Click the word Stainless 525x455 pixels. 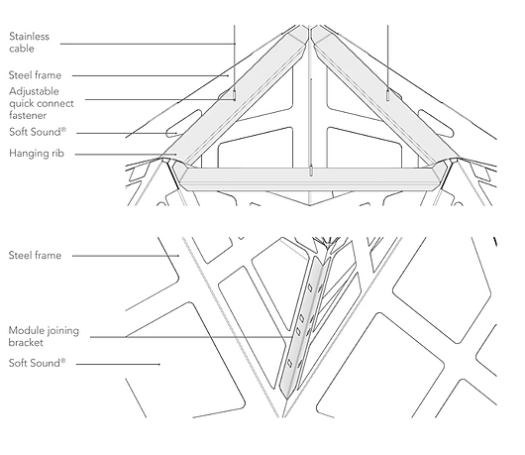[29, 37]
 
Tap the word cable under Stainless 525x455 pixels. [22, 49]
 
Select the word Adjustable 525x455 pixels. [34, 91]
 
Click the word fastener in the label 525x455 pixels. [28, 116]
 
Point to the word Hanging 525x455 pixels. [28, 154]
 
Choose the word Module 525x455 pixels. [25, 330]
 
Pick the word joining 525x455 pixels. [61, 331]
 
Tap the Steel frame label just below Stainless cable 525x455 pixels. [35, 75]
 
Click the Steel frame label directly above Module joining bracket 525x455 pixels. [35, 256]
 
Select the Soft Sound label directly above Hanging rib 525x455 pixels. [38, 132]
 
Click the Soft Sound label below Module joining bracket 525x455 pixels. [38, 363]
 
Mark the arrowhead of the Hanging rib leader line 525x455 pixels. [175, 155]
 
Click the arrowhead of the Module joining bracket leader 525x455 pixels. [290, 337]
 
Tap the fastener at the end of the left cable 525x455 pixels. [235, 96]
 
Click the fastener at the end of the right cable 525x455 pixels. [387, 96]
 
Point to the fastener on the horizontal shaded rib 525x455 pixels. [311, 171]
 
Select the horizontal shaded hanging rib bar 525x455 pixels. [310, 178]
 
